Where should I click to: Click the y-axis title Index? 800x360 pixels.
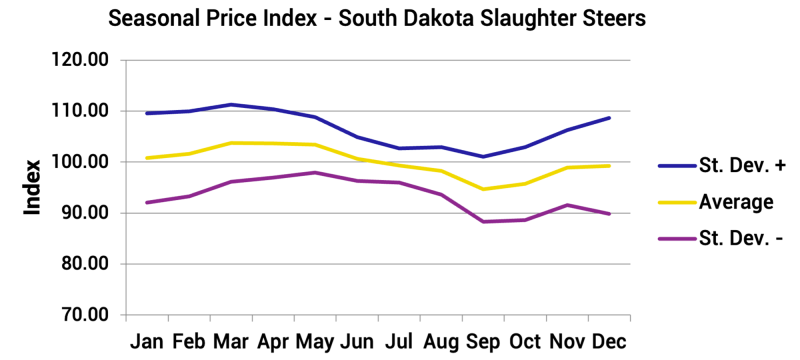pyautogui.click(x=32, y=187)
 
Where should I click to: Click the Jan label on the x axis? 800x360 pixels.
pyautogui.click(x=148, y=341)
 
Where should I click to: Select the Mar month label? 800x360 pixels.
pyautogui.click(x=230, y=341)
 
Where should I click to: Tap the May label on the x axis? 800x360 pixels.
pyautogui.click(x=315, y=341)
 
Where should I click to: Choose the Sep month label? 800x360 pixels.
pyautogui.click(x=484, y=341)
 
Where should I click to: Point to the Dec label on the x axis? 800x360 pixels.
pyautogui.click(x=609, y=341)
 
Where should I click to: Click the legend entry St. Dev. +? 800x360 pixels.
pyautogui.click(x=736, y=166)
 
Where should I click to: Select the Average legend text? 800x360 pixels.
pyautogui.click(x=735, y=203)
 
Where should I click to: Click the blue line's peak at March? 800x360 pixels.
pyautogui.click(x=230, y=104)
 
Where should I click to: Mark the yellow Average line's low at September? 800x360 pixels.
pyautogui.click(x=484, y=189)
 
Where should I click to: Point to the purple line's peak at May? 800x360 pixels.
pyautogui.click(x=315, y=172)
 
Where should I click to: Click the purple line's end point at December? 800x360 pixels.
pyautogui.click(x=609, y=213)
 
